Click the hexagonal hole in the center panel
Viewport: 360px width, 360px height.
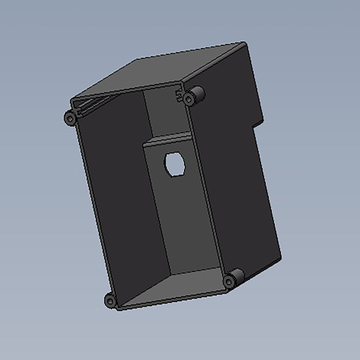(174, 164)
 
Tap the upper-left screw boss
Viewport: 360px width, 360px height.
(69, 118)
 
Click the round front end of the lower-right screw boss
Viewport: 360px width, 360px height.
(228, 281)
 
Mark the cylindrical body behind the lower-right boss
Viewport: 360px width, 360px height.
(238, 276)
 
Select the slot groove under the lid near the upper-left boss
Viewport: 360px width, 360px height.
(86, 107)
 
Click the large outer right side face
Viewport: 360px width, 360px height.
(234, 180)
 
